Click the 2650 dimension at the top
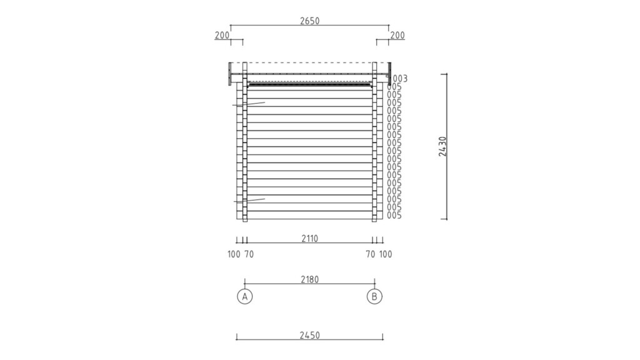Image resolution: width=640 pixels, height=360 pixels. [309, 21]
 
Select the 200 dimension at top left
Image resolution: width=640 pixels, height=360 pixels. [222, 36]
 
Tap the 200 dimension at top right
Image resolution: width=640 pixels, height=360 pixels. [397, 36]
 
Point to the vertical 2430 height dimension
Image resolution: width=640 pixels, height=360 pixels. [443, 146]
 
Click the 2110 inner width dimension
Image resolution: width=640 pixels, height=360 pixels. [310, 238]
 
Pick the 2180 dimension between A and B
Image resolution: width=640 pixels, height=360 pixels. [310, 279]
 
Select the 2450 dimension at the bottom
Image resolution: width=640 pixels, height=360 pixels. [310, 336]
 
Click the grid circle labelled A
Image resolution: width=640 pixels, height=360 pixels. [245, 296]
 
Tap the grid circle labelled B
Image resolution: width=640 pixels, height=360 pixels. [375, 296]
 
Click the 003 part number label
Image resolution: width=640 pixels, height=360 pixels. [399, 78]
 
